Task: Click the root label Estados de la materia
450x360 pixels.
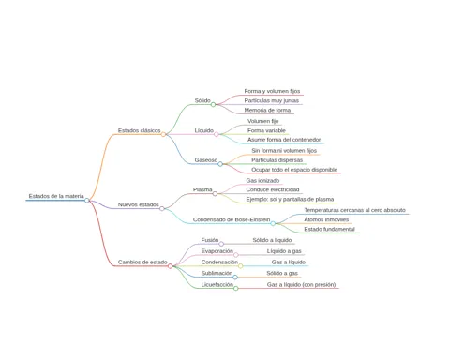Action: [x=56, y=196]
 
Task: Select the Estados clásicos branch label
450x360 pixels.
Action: [x=139, y=130]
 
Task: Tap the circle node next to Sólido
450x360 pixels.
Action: [x=213, y=104]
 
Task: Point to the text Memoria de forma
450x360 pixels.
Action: [x=267, y=110]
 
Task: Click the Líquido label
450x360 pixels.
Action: [x=204, y=130]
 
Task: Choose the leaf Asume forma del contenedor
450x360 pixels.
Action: [x=284, y=140]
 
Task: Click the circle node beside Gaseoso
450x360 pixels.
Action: [x=220, y=164]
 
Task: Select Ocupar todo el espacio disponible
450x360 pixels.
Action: [x=294, y=170]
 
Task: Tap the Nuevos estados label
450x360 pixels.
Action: [x=138, y=204]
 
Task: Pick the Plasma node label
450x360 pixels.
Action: [x=202, y=189]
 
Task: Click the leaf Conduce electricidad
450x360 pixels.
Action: [x=273, y=189]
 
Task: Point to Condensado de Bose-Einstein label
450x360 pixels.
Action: [x=232, y=219]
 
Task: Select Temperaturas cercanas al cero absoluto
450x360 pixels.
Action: [x=355, y=210]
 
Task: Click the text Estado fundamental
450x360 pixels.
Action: [x=329, y=229]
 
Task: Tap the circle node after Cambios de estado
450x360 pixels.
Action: [x=170, y=266]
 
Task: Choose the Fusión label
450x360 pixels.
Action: [x=210, y=240]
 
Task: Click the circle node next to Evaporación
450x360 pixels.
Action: [x=236, y=255]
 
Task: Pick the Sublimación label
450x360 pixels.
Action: [x=217, y=273]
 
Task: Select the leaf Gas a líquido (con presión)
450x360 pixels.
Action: [x=301, y=284]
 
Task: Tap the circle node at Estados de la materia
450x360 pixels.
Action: [x=87, y=201]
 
